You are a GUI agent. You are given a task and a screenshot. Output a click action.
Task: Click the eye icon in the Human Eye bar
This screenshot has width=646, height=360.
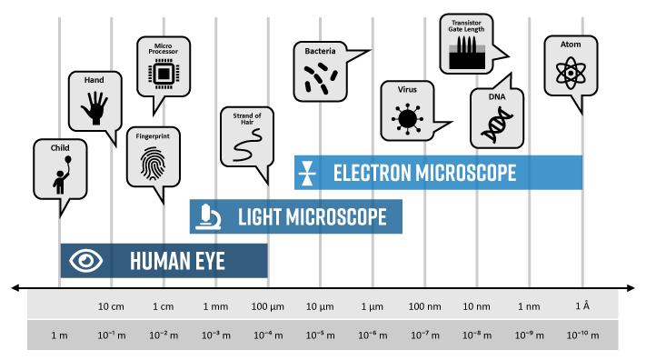coord(87,262)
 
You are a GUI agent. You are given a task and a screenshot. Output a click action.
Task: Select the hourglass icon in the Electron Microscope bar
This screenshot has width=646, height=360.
coord(310,173)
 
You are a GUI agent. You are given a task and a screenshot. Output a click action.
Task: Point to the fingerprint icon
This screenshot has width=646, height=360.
coord(152,162)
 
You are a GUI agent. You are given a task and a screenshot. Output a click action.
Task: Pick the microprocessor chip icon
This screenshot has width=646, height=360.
coord(164,74)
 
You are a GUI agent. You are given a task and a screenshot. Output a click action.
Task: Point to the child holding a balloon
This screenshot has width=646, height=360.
coord(59,176)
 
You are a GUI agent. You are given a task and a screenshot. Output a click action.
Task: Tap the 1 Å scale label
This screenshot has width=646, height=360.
coord(582,305)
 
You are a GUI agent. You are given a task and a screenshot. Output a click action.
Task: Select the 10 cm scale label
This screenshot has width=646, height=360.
coord(111,305)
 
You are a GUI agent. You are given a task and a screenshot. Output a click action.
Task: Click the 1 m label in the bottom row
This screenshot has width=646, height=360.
coord(59,335)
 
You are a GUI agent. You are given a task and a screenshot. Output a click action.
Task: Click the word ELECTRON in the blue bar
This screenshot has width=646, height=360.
coord(373,173)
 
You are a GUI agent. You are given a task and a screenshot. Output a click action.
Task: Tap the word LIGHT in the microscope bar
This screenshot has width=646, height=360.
coord(259,217)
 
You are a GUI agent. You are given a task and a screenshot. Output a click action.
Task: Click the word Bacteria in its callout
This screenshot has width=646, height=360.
coord(320,52)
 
